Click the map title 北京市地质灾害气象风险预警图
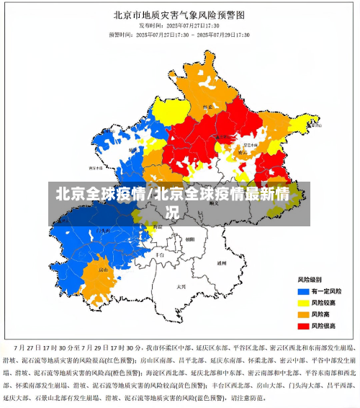181,14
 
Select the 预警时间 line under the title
179,34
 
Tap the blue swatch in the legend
304,291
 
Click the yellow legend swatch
304,303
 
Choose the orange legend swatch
304,314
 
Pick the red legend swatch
304,326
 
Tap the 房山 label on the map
103,270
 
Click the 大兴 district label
181,286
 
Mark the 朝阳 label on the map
189,239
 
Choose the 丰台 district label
160,254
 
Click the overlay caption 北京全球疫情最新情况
173,203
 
